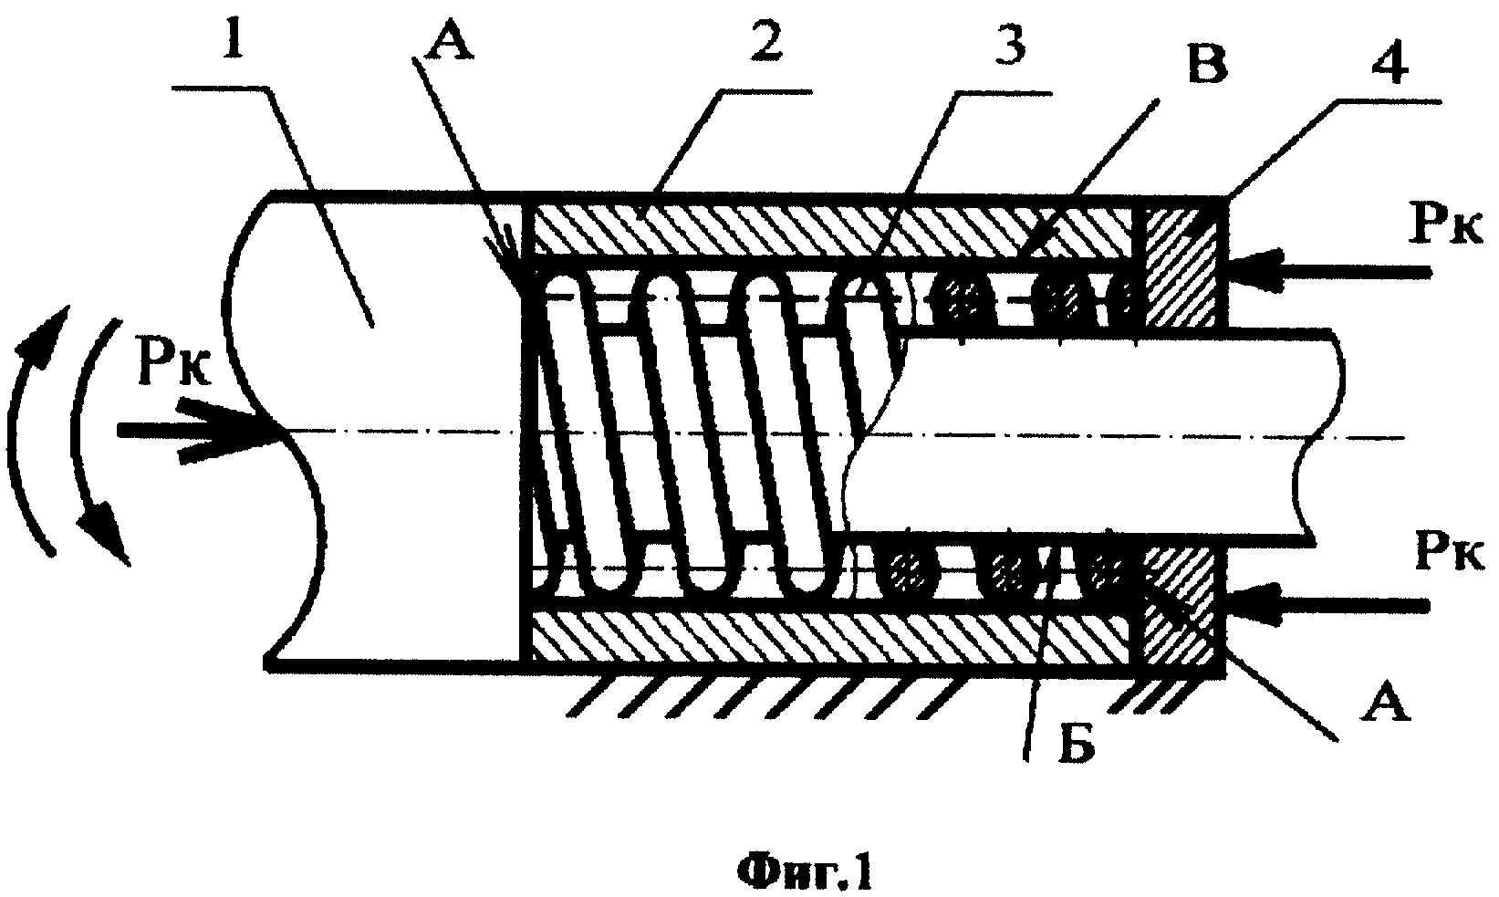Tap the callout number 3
click(x=1008, y=40)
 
